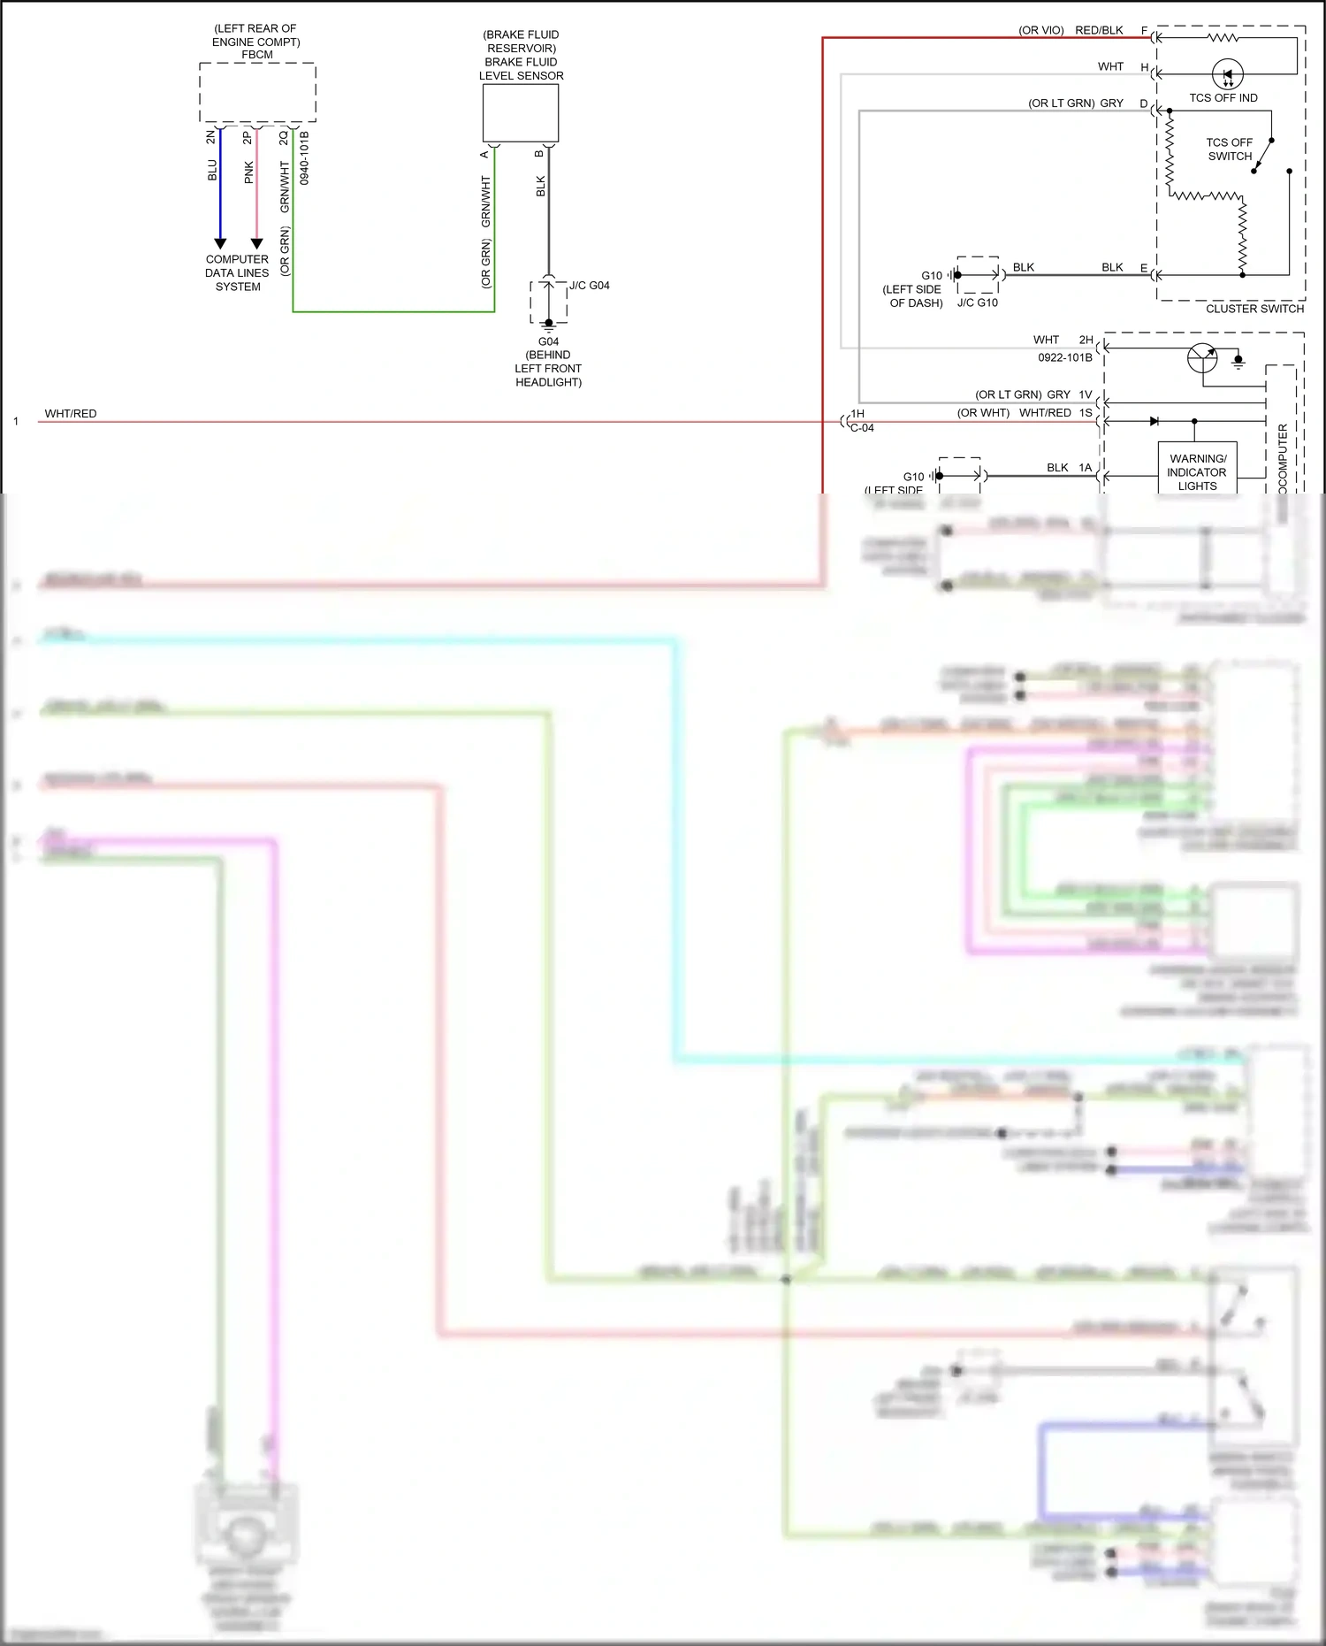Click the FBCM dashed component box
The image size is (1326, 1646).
tap(257, 93)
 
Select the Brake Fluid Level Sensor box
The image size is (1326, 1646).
tap(521, 113)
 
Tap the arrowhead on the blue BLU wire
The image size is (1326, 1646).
tap(220, 243)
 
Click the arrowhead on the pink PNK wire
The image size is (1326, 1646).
tap(256, 243)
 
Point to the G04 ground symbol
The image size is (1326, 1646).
tap(549, 325)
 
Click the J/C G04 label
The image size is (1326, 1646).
tap(590, 286)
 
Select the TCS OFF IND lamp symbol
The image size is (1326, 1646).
tap(1227, 74)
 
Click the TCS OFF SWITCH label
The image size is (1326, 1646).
tap(1229, 149)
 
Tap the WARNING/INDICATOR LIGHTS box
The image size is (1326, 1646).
tap(1197, 471)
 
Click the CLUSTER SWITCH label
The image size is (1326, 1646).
tap(1254, 309)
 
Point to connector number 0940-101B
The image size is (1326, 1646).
tap(304, 157)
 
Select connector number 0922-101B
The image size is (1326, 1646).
tap(1064, 357)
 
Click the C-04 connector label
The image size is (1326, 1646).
tap(862, 428)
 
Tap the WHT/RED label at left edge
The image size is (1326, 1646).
tap(71, 413)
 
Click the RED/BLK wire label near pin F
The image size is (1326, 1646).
tap(1099, 30)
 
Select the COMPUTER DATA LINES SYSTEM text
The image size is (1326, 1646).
tap(237, 272)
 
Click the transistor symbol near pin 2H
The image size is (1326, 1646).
tap(1202, 357)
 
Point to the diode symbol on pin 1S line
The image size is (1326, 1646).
tap(1154, 421)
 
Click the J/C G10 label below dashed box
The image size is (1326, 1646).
tap(977, 302)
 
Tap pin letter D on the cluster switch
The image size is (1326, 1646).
tap(1143, 103)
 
